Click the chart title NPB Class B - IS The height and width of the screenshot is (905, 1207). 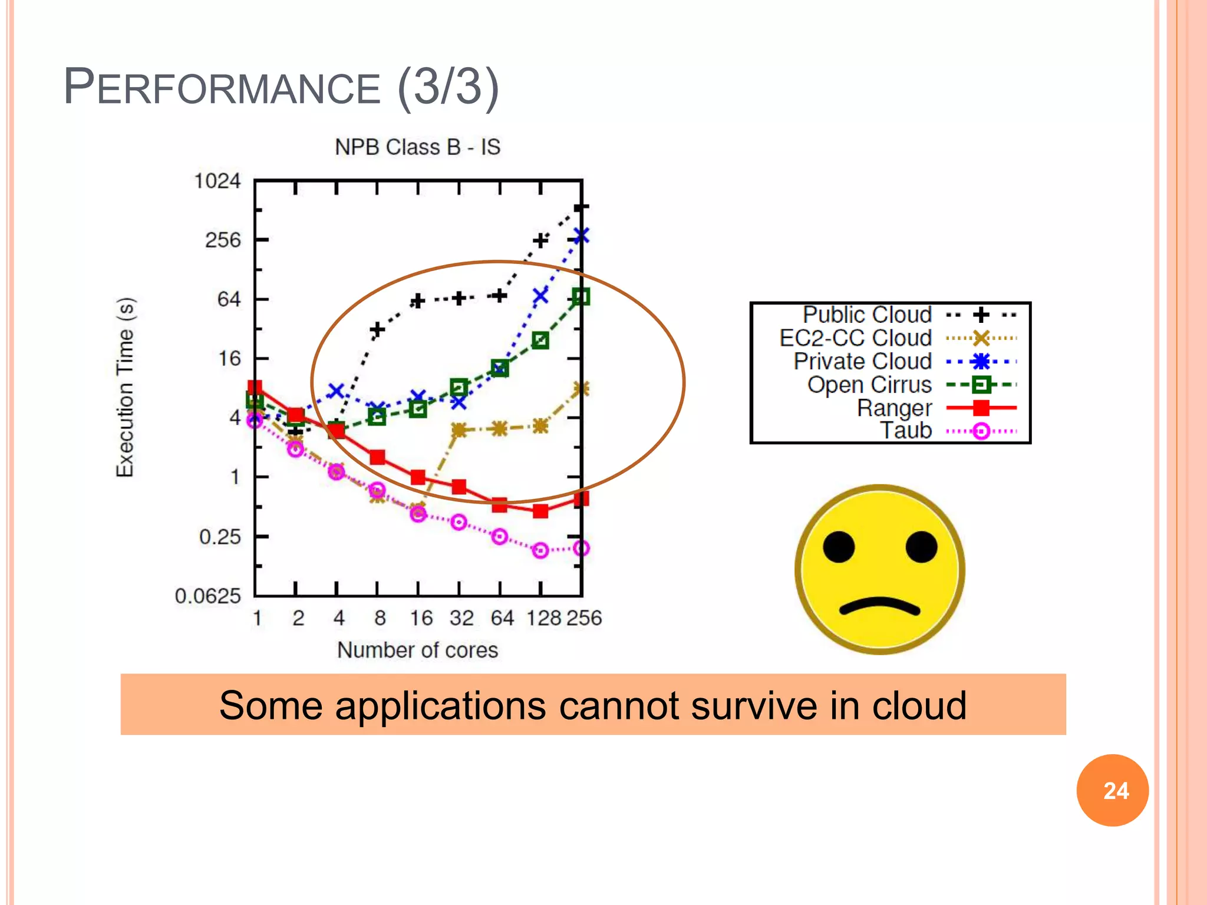point(417,147)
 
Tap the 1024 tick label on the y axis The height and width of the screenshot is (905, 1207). point(217,181)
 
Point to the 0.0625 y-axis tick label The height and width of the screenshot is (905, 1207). point(208,596)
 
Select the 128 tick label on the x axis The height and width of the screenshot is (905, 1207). point(543,618)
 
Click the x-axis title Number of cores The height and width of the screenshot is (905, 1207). point(417,650)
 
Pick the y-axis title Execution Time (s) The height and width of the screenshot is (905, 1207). point(125,387)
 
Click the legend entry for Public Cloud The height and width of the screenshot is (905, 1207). point(867,315)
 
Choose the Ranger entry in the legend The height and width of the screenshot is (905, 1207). point(894,408)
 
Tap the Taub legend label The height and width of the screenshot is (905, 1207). point(906,431)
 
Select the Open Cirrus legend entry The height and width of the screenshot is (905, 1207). point(869,385)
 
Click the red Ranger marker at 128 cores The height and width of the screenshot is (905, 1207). point(540,511)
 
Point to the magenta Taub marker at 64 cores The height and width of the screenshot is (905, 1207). point(500,537)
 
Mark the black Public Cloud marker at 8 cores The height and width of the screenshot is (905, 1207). point(377,330)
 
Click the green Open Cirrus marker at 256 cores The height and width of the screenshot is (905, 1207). point(581,297)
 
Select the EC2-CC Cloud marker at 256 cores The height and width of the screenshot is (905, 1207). point(581,389)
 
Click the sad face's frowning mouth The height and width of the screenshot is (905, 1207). point(879,606)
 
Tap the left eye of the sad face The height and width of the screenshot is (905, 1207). point(839,546)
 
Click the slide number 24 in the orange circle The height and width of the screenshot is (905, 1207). point(1116,791)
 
